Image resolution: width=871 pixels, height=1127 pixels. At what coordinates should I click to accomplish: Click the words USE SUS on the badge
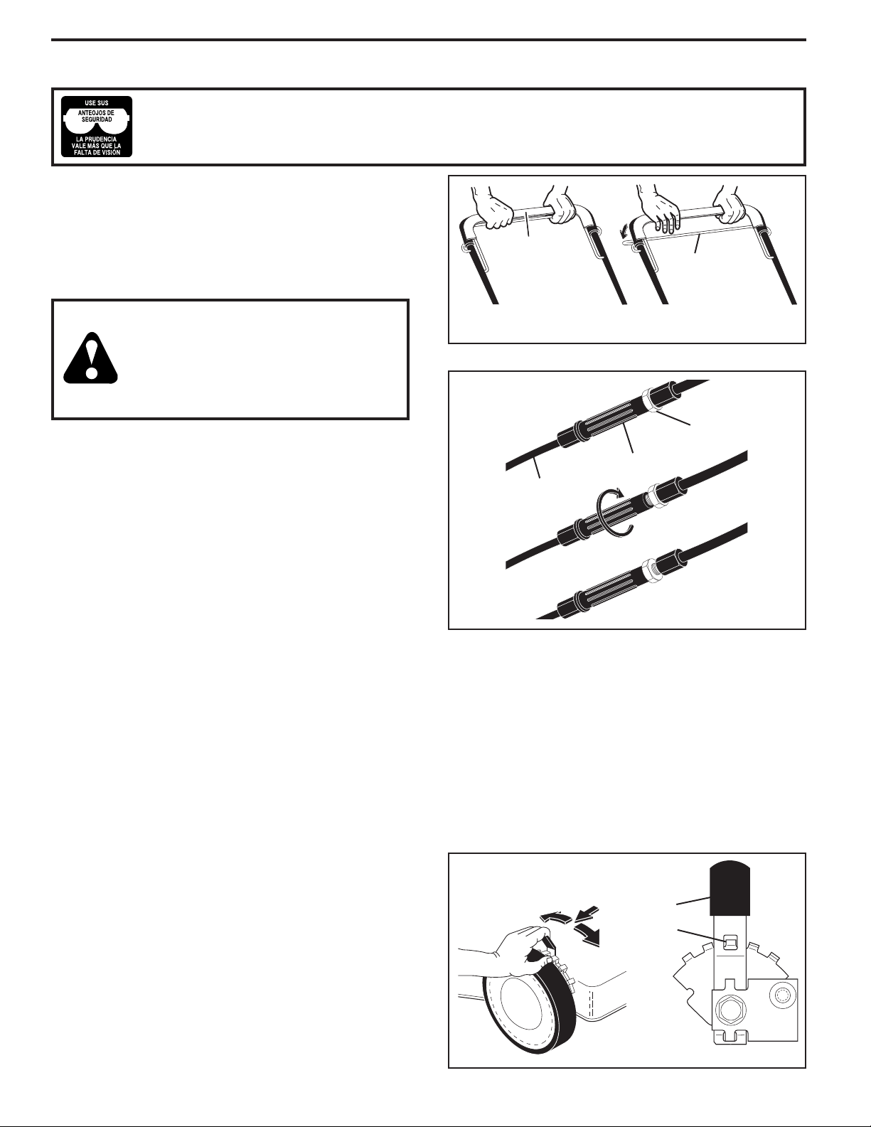point(97,102)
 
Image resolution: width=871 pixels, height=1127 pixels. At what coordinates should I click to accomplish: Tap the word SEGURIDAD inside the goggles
point(97,119)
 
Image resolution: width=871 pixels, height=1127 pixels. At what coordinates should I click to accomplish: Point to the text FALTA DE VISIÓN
point(97,152)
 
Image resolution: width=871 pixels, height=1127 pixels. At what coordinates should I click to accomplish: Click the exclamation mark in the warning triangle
point(91,358)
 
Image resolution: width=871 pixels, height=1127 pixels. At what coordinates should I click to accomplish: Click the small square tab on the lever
point(729,942)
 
